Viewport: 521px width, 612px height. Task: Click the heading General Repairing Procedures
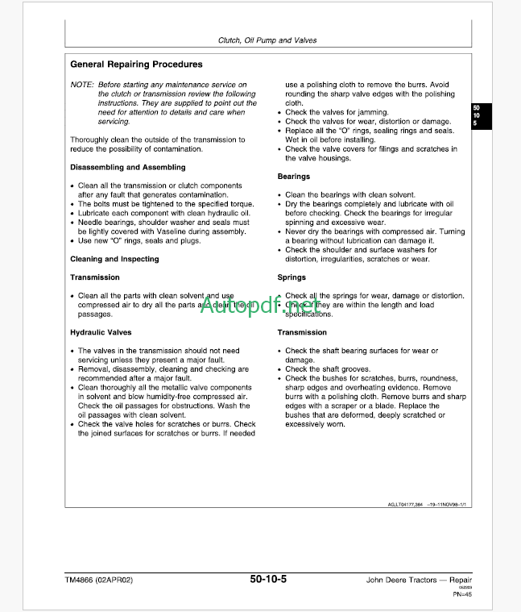coord(136,65)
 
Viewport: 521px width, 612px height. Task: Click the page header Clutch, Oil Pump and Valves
coord(267,40)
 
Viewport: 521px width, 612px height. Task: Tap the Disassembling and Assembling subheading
coord(127,167)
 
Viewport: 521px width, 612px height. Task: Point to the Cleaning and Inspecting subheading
coord(114,259)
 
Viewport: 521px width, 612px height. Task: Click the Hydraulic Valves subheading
coord(101,332)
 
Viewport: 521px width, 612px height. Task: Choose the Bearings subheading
coord(294,176)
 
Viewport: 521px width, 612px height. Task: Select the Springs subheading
coord(292,277)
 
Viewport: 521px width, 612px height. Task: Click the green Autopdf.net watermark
coord(260,307)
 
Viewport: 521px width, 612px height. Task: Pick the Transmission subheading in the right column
coord(302,332)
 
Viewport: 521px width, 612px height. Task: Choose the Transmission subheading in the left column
coord(95,277)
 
